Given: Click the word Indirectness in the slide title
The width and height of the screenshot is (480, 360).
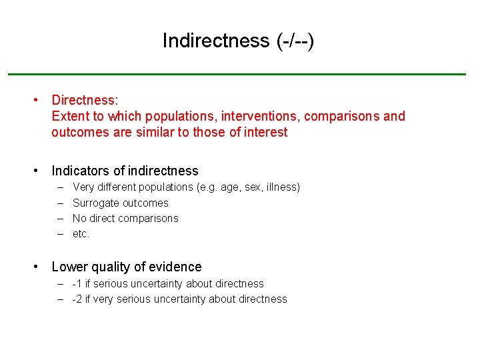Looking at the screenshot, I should tap(215, 41).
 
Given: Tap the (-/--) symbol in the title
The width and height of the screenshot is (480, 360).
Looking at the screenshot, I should tap(294, 41).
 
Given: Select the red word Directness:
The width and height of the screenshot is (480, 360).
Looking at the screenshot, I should tap(85, 100).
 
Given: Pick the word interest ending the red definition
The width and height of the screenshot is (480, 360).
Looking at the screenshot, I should tap(265, 132).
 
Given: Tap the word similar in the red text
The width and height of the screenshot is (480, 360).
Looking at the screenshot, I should tap(156, 132).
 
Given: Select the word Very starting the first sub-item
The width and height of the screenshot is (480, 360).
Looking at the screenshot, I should tap(84, 187).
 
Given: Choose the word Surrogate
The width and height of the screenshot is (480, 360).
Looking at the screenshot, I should tap(96, 203).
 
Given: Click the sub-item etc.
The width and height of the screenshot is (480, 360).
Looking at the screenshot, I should tap(81, 233).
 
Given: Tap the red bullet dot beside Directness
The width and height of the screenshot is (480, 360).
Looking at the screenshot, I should tap(37, 100).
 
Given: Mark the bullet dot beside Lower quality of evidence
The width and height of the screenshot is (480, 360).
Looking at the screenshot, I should tap(37, 267).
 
